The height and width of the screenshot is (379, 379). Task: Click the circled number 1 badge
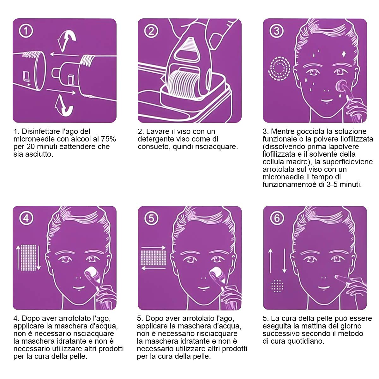click(26, 31)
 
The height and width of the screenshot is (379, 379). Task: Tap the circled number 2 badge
click(151, 31)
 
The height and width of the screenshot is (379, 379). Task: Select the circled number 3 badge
click(276, 31)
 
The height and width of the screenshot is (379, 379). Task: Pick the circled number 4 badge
click(26, 218)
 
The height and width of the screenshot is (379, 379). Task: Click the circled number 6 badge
click(277, 218)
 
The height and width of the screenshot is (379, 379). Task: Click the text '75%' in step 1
click(109, 139)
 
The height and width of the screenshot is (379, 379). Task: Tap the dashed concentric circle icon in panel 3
click(280, 68)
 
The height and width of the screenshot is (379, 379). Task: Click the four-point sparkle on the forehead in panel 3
click(344, 54)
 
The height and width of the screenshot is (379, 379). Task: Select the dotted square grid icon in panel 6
click(277, 286)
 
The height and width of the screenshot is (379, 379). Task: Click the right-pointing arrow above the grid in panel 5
click(153, 248)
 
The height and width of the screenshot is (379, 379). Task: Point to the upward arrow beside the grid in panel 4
click(18, 257)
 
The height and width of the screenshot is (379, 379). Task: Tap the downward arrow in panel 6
click(284, 261)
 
